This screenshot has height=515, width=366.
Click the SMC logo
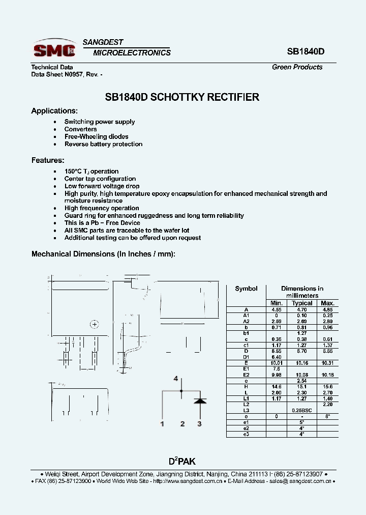[x=54, y=49]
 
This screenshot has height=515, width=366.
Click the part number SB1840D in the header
[x=306, y=52]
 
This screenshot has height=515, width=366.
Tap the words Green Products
[x=297, y=67]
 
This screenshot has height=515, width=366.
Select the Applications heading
[x=54, y=111]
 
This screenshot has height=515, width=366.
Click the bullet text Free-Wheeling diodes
[x=96, y=136]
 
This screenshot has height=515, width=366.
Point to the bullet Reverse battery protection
[x=103, y=144]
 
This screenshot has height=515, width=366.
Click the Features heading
[x=48, y=160]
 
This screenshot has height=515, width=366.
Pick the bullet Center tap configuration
[x=100, y=179]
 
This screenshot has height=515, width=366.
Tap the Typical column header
[x=302, y=303]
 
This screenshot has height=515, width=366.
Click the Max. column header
[x=328, y=303]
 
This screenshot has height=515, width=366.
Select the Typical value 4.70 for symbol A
[x=302, y=309]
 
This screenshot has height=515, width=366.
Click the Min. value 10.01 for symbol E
[x=276, y=363]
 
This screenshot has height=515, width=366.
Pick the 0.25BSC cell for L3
[x=302, y=410]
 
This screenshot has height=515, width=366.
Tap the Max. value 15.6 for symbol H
[x=328, y=387]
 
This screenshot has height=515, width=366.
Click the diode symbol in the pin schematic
[x=200, y=400]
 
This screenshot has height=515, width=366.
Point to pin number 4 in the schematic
[x=176, y=379]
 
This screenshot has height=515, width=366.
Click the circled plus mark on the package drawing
[x=94, y=324]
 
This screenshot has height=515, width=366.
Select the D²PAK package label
[x=182, y=462]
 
